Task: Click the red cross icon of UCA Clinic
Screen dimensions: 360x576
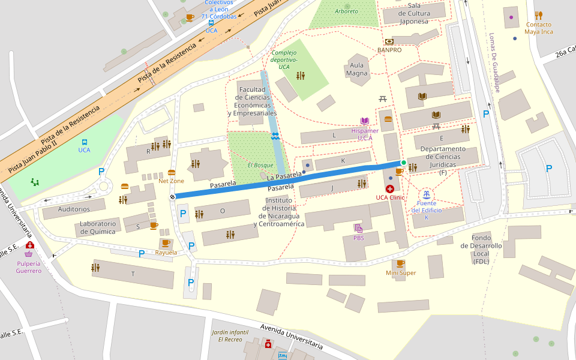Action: pos(389,188)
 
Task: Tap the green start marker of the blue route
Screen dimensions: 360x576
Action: pos(403,163)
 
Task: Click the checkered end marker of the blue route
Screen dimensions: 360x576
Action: pos(173,196)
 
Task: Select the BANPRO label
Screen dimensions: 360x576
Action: pos(389,50)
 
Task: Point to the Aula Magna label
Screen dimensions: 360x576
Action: pos(356,69)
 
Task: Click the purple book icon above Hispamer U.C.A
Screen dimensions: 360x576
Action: pos(364,121)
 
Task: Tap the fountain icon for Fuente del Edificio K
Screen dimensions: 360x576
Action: pos(427,194)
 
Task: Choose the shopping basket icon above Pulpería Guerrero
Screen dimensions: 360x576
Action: pos(28,254)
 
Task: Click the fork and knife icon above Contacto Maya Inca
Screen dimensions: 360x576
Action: pos(538,16)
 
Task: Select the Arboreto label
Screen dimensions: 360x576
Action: pos(346,11)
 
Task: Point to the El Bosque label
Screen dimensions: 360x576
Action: pos(260,165)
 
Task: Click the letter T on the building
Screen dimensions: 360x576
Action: pos(133,274)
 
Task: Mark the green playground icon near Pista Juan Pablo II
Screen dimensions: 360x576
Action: pos(35,181)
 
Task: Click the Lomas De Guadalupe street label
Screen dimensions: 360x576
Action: pos(494,62)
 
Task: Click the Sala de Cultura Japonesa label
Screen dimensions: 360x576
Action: pos(414,13)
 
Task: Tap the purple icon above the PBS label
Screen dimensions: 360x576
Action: pos(358,228)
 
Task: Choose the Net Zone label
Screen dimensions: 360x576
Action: pos(171,181)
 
